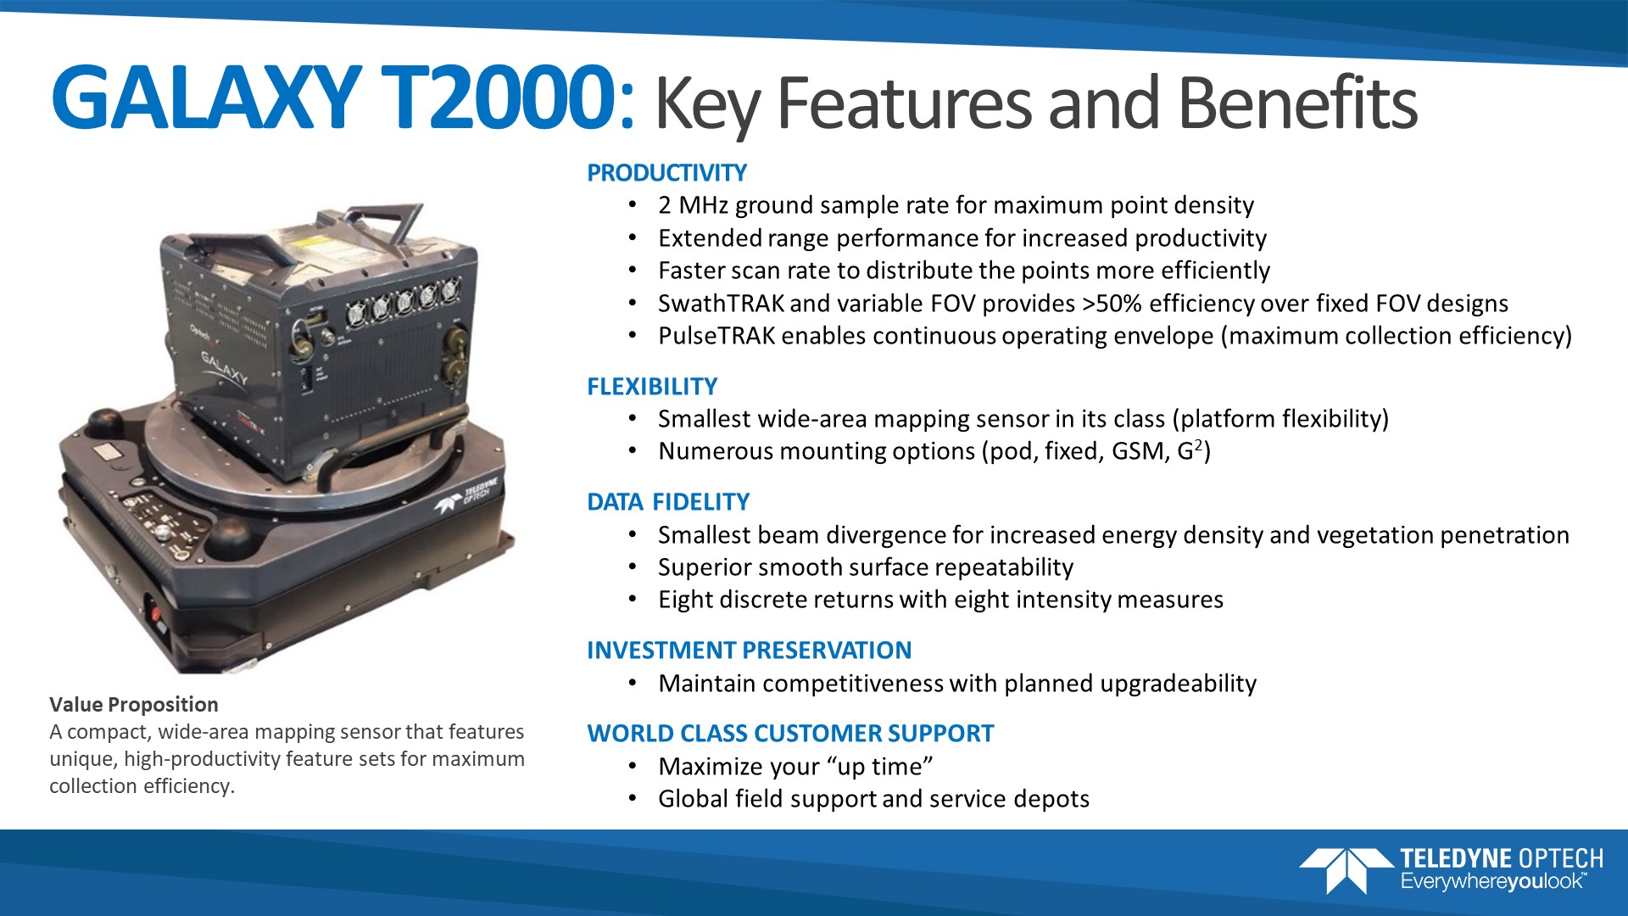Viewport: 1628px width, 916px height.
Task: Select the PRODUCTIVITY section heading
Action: (666, 173)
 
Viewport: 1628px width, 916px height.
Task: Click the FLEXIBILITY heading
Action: (652, 387)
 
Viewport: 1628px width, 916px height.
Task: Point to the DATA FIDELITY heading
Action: (668, 502)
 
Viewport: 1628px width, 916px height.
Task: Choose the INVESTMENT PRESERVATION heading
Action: (749, 651)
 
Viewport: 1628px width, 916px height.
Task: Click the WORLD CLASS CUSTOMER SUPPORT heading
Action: (790, 734)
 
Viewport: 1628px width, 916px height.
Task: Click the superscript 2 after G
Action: (1199, 445)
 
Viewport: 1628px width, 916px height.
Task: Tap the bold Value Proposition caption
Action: (134, 705)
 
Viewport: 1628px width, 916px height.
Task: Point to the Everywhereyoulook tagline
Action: (1493, 882)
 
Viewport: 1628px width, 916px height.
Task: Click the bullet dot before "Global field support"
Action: (633, 799)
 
